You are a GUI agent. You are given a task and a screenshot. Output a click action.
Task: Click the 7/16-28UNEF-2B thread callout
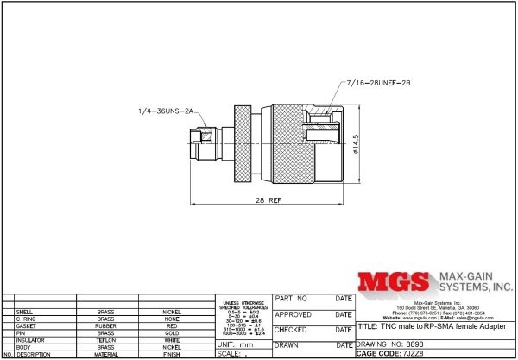(x=374, y=83)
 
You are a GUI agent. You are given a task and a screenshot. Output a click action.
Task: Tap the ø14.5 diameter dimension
(x=356, y=142)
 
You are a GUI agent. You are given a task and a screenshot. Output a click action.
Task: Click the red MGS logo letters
(x=394, y=283)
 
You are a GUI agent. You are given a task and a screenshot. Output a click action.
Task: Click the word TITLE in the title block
(x=366, y=328)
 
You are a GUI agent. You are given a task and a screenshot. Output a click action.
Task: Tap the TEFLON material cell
(x=105, y=340)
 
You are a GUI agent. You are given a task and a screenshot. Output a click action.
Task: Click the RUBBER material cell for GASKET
(x=105, y=325)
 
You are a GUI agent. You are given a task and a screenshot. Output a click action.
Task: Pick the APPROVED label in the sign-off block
(x=292, y=315)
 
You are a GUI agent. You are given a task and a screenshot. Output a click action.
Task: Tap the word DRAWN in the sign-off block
(x=287, y=344)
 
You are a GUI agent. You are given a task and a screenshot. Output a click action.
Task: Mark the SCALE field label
(x=228, y=354)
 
